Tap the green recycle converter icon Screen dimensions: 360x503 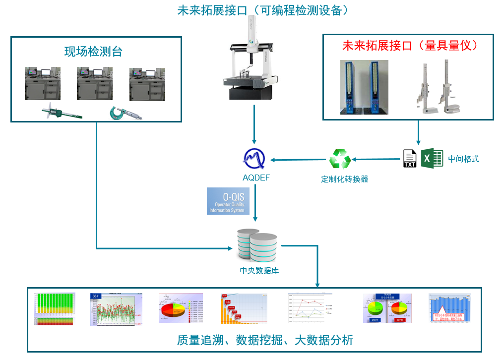340,159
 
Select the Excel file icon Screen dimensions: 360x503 432,158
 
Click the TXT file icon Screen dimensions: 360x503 410,159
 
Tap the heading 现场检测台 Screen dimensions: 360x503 93,52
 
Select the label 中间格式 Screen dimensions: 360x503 464,159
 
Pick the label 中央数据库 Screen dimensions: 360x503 256,271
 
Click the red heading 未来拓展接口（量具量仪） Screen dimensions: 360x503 410,46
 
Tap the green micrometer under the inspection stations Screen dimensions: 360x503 125,113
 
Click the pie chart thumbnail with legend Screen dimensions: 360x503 181,308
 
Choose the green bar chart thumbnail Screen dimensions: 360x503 55,308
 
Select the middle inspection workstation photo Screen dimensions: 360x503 95,84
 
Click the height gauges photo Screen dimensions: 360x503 437,87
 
